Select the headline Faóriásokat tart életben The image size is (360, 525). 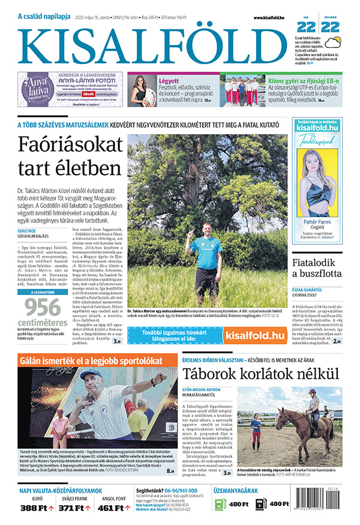click(x=70, y=155)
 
